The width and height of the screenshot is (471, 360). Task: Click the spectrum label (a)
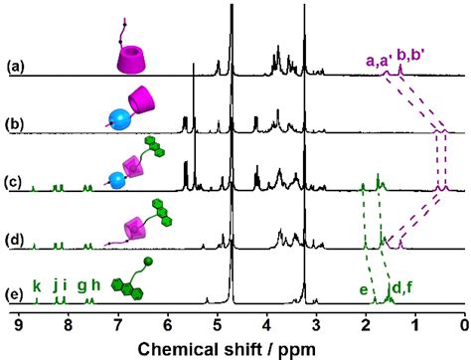pos(15,68)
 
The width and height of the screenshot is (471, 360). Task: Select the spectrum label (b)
pos(15,125)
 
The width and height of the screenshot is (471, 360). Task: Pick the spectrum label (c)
pos(15,183)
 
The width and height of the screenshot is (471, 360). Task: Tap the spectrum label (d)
pos(15,239)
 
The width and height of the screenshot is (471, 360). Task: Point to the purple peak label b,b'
pos(411,59)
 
